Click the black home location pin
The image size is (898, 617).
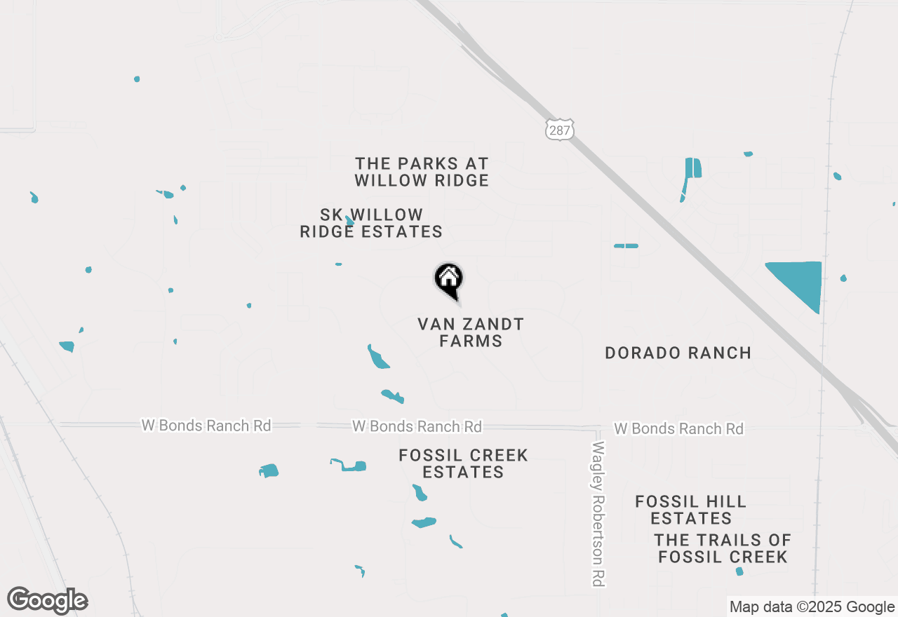[449, 280]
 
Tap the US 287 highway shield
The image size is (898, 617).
[559, 128]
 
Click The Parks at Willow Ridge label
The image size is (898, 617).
[422, 172]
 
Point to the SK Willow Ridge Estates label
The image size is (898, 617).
[371, 223]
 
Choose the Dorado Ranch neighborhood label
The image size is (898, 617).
[678, 353]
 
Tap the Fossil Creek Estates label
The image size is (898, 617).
[463, 463]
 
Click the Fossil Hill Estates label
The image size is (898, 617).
[691, 510]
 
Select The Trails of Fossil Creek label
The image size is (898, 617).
[723, 548]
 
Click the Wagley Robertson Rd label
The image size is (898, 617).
[598, 514]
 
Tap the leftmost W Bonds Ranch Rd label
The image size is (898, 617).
[206, 425]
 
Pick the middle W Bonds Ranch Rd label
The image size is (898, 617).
[417, 426]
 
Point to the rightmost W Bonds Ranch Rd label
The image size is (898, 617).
[678, 428]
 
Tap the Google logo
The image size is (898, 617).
[48, 600]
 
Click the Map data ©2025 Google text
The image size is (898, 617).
[812, 607]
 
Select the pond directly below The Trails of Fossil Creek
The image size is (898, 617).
[739, 571]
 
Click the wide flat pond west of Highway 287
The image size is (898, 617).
[626, 246]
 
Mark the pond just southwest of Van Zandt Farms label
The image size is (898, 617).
[378, 358]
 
